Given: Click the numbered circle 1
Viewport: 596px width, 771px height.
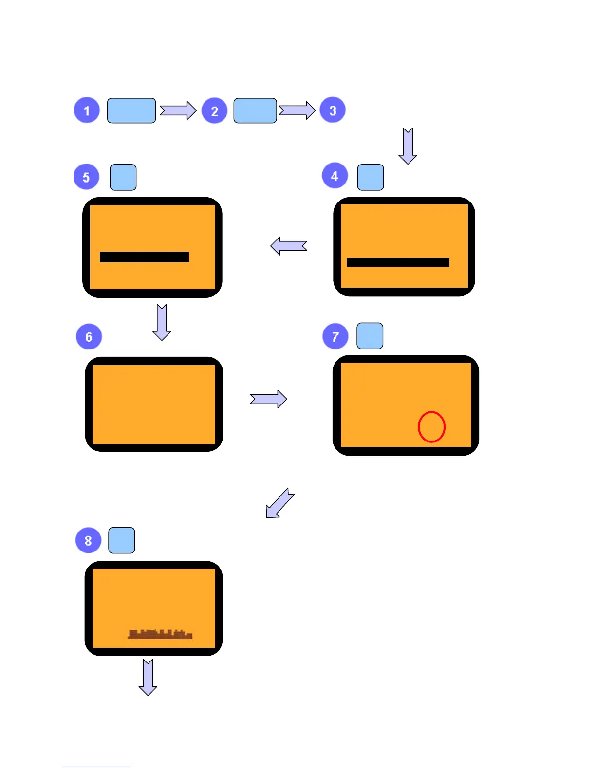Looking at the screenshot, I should point(87,110).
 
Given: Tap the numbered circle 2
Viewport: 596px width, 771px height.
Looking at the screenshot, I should point(215,111).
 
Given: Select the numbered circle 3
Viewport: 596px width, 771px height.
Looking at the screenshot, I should point(333,110).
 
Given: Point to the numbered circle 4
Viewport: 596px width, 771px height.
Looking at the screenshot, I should point(335,176).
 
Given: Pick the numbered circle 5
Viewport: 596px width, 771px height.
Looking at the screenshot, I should point(86,177).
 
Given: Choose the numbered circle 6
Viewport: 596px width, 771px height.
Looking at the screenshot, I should point(89,337).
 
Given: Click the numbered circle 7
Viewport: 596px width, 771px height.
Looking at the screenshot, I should point(335,337).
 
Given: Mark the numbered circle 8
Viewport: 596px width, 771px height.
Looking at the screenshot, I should point(88,540).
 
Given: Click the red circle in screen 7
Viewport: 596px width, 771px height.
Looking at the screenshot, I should point(431,427).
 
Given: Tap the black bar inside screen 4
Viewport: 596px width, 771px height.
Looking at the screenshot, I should point(398,262).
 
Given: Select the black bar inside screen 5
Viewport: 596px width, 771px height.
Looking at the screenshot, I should point(144,257).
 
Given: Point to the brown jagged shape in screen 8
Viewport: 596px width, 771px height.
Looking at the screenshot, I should point(160,634).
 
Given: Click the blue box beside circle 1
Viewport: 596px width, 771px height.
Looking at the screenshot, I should point(131,110).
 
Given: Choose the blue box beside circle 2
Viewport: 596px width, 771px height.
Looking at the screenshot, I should point(255,110).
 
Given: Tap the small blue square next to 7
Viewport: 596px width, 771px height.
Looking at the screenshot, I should point(370,336).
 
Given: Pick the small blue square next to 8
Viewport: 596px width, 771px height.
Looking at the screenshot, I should point(122,540).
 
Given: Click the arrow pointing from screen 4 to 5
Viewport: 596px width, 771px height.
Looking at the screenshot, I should point(289,246).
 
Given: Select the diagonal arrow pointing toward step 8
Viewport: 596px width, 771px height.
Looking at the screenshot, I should point(279,503).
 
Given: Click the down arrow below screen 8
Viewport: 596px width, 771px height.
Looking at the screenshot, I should point(148,677).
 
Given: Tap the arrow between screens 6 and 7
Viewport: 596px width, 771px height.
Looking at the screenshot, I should point(268,399).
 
